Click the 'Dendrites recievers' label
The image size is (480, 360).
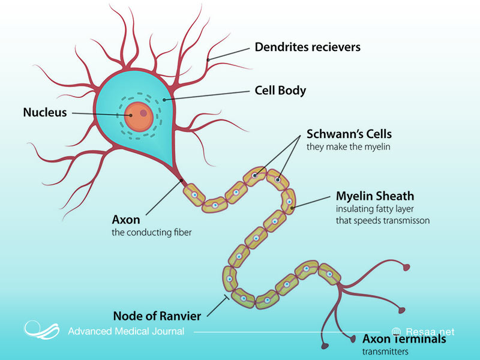(x=307, y=47)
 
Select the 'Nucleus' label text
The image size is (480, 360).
(x=45, y=112)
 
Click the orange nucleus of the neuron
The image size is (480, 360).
(x=138, y=116)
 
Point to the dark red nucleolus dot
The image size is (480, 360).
(x=143, y=112)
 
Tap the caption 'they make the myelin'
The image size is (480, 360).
(x=344, y=147)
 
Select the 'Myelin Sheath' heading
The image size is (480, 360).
(x=374, y=196)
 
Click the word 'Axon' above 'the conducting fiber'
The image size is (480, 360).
(x=125, y=220)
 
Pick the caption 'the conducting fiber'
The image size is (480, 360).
(x=152, y=232)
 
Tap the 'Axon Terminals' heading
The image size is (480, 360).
(x=404, y=339)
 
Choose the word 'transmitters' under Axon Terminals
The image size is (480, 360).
(x=385, y=352)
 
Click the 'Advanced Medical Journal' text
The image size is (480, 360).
(x=126, y=331)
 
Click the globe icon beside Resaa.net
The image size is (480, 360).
(x=396, y=331)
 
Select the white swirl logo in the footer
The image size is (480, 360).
(x=41, y=329)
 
